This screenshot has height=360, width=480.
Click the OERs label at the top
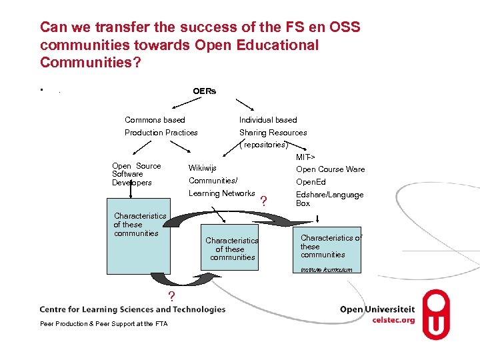[204, 91]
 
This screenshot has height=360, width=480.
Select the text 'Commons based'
[155, 120]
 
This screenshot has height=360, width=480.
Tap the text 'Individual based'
[268, 120]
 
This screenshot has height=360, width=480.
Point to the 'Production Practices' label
[161, 133]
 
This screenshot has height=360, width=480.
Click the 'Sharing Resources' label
[273, 133]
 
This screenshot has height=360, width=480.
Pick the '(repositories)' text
[263, 145]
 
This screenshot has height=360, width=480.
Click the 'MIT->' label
[305, 157]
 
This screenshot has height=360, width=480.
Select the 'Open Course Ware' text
[331, 169]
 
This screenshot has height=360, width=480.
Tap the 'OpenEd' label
[311, 182]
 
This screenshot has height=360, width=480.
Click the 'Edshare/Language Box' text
[329, 199]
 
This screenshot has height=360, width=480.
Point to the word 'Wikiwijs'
[203, 168]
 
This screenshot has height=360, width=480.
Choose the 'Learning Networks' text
[222, 193]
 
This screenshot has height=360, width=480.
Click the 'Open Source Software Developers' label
[137, 174]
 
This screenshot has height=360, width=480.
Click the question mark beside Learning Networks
[264, 201]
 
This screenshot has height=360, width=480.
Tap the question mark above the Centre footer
[171, 296]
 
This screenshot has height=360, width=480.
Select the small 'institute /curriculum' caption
[326, 270]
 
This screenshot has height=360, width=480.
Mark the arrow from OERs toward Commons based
[187, 104]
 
